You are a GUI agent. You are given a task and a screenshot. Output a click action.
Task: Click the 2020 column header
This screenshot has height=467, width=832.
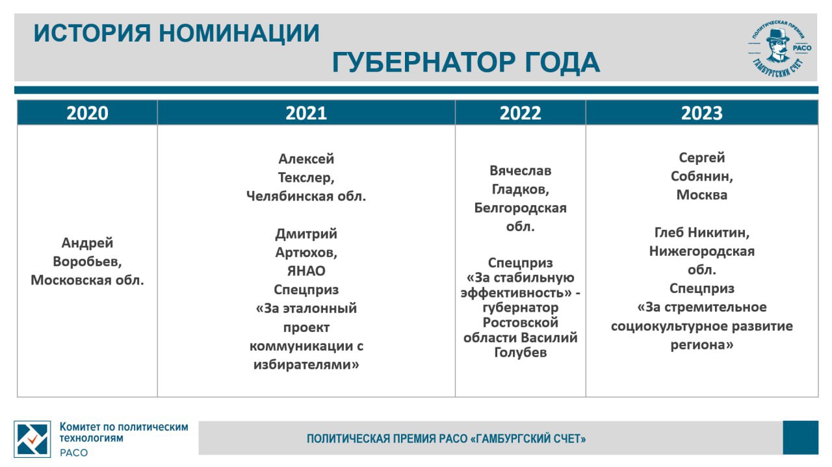(87, 113)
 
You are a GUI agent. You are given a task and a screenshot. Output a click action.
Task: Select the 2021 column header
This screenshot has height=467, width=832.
(306, 113)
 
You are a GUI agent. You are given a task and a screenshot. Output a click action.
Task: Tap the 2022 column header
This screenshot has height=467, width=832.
(520, 113)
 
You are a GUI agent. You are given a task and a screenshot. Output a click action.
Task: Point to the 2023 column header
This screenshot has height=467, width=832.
(701, 113)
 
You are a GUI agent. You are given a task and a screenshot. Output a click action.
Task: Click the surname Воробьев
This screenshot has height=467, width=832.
(87, 262)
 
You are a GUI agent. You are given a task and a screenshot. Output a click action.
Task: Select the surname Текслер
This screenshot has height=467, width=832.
(306, 178)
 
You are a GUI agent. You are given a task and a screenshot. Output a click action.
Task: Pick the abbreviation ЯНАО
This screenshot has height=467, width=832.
(306, 271)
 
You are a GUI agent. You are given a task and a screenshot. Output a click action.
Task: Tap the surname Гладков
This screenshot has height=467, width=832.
(520, 190)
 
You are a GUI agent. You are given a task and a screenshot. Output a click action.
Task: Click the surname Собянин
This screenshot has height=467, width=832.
(701, 177)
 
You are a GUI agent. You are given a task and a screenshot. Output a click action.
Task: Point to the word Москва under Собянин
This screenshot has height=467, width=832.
(701, 195)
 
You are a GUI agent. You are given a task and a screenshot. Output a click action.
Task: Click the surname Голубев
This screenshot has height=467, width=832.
(520, 352)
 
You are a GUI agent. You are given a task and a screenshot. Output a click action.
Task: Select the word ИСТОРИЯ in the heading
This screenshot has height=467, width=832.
(92, 33)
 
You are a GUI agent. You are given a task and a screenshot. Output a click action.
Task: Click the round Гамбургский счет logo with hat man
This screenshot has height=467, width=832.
(779, 49)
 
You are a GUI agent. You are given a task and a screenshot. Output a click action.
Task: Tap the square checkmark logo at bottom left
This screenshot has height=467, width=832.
(32, 439)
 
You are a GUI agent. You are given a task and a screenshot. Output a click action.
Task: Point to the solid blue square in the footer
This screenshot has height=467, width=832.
(800, 438)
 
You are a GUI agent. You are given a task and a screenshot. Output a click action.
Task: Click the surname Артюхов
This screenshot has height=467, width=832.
(306, 253)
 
